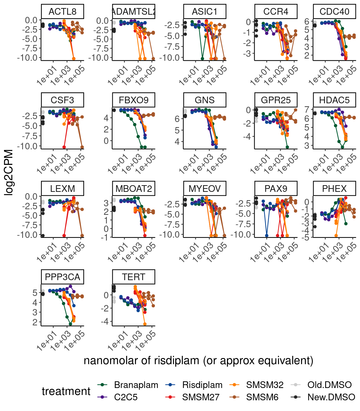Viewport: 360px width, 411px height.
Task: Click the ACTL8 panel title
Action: pyautogui.click(x=62, y=12)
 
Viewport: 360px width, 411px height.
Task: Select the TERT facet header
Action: pyautogui.click(x=133, y=277)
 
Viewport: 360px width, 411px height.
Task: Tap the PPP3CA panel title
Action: pyautogui.click(x=62, y=277)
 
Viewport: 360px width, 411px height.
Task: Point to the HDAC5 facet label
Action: pyautogui.click(x=334, y=100)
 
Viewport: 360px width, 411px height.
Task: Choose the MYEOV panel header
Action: pyautogui.click(x=205, y=189)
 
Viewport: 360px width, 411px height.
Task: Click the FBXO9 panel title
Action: pyautogui.click(x=133, y=100)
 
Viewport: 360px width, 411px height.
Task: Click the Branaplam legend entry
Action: pyautogui.click(x=136, y=385)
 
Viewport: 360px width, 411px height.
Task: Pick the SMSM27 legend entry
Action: pyautogui.click(x=201, y=397)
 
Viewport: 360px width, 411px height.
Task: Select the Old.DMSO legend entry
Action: pyautogui.click(x=329, y=385)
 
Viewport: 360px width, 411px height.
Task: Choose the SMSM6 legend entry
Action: pyautogui.click(x=262, y=397)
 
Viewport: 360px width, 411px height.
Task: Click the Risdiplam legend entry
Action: pyautogui.click(x=202, y=385)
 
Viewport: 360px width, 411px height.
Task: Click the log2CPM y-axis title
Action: pyautogui.click(x=9, y=173)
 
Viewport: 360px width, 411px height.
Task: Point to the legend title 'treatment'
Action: pyautogui.click(x=66, y=391)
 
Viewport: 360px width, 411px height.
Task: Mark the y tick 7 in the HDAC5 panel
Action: pyautogui.click(x=307, y=109)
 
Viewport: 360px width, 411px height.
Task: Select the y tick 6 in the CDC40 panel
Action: pyautogui.click(x=307, y=21)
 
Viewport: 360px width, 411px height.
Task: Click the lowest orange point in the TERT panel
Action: pyautogui.click(x=145, y=324)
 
